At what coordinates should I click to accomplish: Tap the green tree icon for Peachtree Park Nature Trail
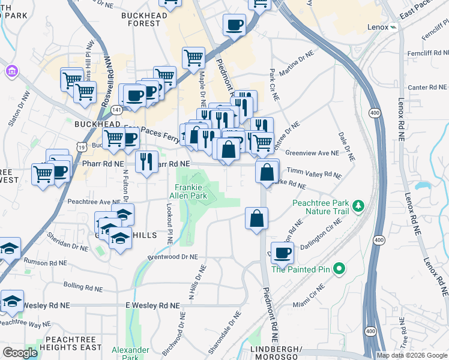[x=358, y=206]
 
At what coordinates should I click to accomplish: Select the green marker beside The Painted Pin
[x=339, y=269]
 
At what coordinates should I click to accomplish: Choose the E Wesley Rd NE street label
[x=152, y=305]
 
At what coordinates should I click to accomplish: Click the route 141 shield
[x=117, y=110]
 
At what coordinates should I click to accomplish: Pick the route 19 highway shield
[x=81, y=146]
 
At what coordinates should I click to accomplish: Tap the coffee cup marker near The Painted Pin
[x=282, y=253]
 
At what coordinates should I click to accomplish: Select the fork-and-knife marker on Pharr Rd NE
[x=146, y=161]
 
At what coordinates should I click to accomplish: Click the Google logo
[x=20, y=353]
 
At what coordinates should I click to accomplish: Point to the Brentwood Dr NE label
[x=173, y=257]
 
